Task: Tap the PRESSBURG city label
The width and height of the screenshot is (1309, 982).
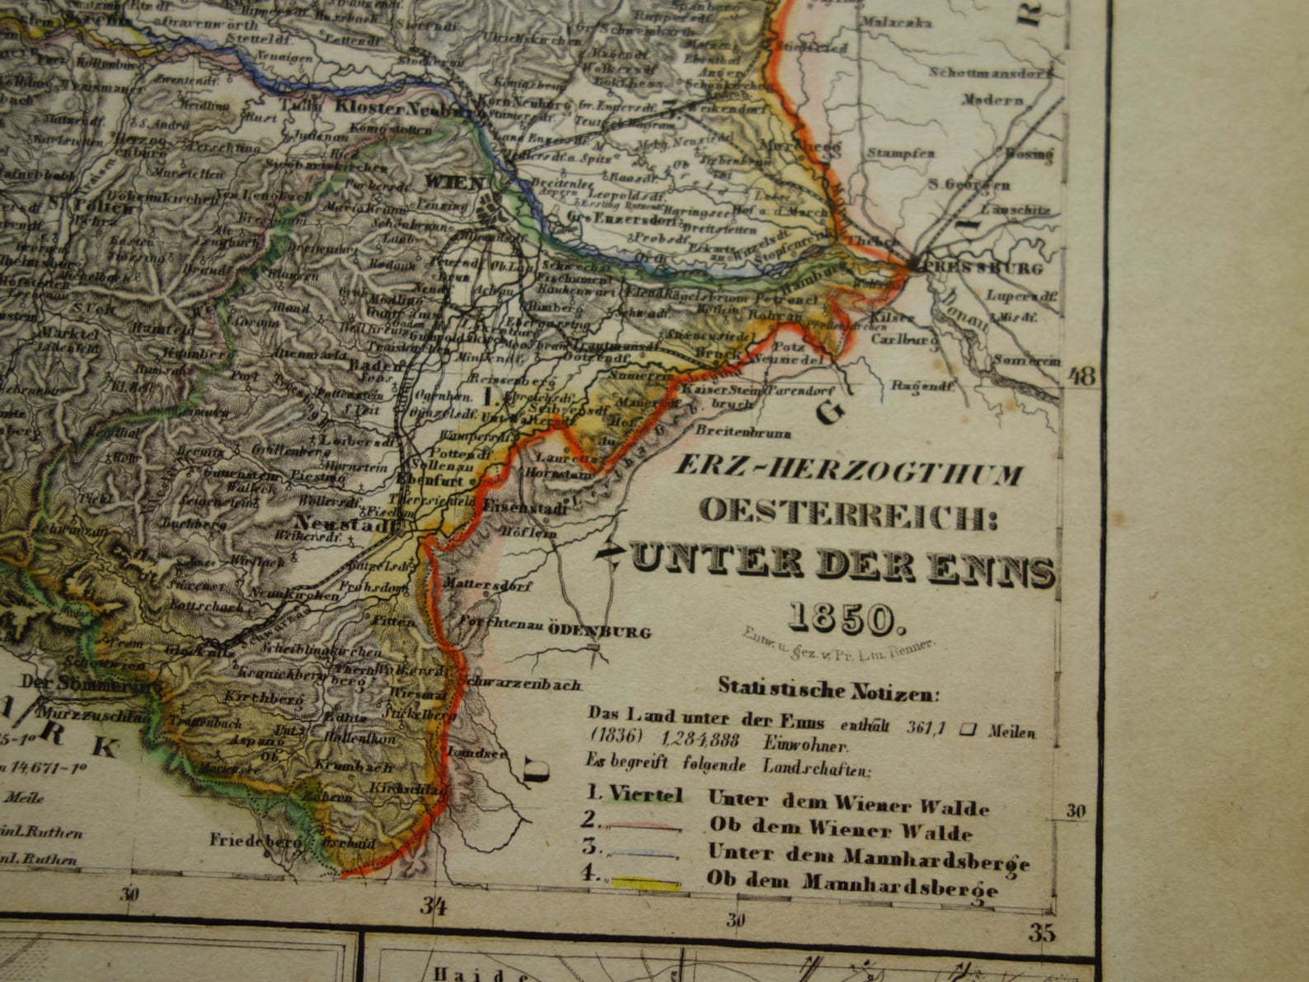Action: [x=983, y=268]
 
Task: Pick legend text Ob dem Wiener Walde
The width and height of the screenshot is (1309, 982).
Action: [x=840, y=829]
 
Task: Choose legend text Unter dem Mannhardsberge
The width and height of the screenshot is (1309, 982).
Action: [x=868, y=857]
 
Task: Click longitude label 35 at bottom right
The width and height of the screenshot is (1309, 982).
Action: [x=1043, y=933]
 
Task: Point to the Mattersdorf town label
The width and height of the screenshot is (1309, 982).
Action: [x=488, y=583]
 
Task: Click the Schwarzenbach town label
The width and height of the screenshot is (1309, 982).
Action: [x=521, y=684]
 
